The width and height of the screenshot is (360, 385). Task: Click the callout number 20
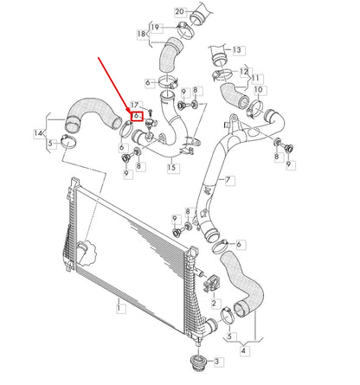[x=179, y=11]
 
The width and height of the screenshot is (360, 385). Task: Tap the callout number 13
[x=237, y=50]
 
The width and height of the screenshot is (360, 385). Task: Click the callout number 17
[x=134, y=106]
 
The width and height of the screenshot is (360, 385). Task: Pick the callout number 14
[x=37, y=132]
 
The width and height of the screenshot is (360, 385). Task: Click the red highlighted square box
[x=135, y=114]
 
